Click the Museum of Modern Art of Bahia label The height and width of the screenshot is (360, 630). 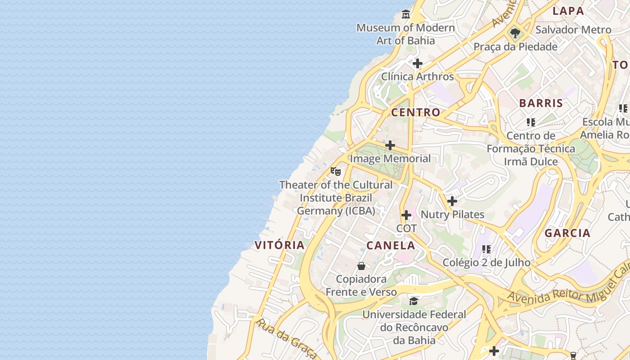(x=405, y=34)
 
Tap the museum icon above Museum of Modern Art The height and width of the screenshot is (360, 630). (x=406, y=14)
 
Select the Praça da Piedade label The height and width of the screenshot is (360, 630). (x=515, y=47)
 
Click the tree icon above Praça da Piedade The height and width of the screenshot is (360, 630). (x=515, y=33)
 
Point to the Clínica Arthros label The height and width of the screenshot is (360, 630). (x=418, y=76)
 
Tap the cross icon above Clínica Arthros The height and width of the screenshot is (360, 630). (x=418, y=63)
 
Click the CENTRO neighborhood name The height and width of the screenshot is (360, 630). (x=415, y=112)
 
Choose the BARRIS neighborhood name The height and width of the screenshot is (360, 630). (x=541, y=103)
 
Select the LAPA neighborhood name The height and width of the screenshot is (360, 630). (x=568, y=11)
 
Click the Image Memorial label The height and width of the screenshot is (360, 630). (x=390, y=158)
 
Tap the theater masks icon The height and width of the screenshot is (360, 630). (x=336, y=171)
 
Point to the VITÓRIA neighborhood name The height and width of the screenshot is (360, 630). (x=279, y=245)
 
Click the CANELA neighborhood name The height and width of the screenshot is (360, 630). (x=391, y=245)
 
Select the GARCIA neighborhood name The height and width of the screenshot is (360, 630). (x=567, y=233)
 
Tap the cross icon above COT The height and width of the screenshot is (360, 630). (x=406, y=215)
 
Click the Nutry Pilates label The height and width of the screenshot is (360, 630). (x=452, y=215)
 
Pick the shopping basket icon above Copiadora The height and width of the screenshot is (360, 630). (x=361, y=266)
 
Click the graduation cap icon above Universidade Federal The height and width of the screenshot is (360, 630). (x=414, y=301)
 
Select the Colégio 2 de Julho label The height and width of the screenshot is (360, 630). (x=486, y=262)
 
